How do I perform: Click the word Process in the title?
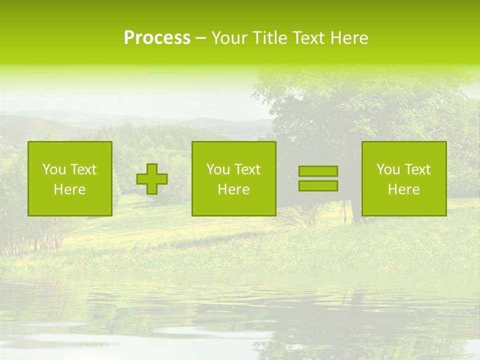pos(157,38)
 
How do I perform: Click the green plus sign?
pos(152,179)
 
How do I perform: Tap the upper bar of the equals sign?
pos(318,171)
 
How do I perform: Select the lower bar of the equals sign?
pos(318,186)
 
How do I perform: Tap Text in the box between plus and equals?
pos(246,169)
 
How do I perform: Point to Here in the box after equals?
pos(403,189)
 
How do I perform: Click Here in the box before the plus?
pos(69,189)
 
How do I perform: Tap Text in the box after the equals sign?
pos(416,169)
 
